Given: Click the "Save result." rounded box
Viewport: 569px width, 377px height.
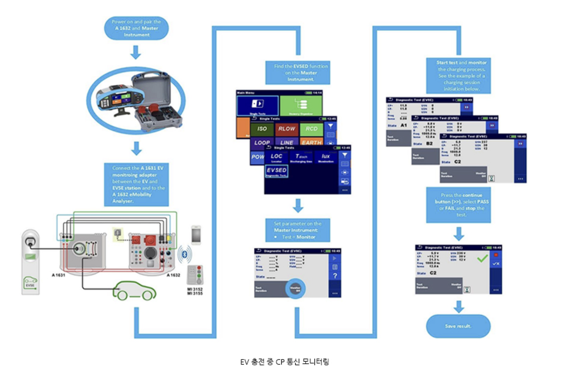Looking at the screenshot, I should click(x=458, y=326).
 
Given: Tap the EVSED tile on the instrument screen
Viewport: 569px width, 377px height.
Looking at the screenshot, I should click(x=276, y=171).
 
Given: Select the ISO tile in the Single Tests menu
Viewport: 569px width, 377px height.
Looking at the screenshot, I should click(x=262, y=129).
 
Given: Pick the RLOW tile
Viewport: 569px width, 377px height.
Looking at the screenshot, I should click(x=286, y=129).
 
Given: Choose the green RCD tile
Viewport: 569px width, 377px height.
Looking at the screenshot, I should click(x=311, y=129).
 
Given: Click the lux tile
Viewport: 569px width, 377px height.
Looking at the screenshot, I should click(x=325, y=157).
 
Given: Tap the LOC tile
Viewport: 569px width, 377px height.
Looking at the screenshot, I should click(x=276, y=157).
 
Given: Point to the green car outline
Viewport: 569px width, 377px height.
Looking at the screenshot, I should click(x=135, y=291).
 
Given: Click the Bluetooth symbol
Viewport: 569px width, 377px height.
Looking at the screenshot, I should click(x=185, y=254).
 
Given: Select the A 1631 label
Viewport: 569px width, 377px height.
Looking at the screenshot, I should click(x=58, y=275).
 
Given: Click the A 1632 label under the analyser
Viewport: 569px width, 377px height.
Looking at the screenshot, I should click(x=173, y=275).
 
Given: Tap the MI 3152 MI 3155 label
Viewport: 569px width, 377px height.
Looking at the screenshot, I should click(x=195, y=291).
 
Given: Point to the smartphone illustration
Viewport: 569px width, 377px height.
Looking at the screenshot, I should click(x=196, y=235).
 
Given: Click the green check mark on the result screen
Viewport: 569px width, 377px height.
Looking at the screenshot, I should click(x=482, y=258).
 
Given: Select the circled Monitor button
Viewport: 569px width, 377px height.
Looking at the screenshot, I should click(x=295, y=289).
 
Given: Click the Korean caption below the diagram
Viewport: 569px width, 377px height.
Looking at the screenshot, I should click(x=285, y=362).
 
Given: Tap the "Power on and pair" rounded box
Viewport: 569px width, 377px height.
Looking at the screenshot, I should click(x=136, y=28).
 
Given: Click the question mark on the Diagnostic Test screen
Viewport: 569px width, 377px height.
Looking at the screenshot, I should click(x=335, y=276).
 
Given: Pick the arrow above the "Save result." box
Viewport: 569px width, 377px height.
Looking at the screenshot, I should click(x=459, y=307).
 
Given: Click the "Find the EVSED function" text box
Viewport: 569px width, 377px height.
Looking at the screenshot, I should click(x=298, y=73).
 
